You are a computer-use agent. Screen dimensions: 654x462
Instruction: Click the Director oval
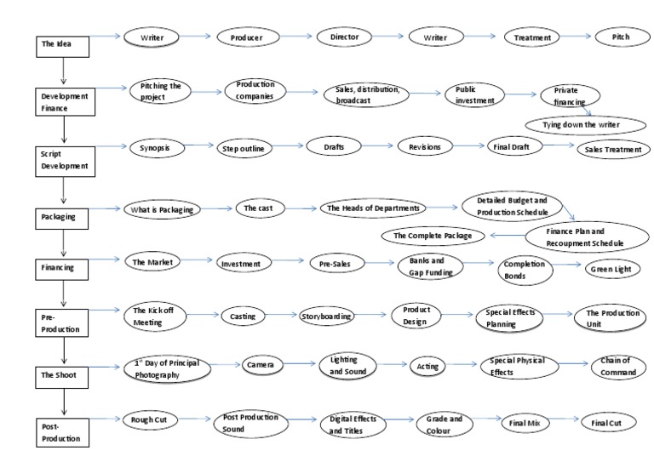point(344,37)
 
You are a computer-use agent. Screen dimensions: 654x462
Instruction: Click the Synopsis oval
point(155,148)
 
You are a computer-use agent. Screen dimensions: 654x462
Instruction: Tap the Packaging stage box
point(62,216)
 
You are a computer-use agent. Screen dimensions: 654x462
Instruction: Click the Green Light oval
point(612,268)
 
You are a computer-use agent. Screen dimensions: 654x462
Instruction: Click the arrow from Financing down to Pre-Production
point(63,294)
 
